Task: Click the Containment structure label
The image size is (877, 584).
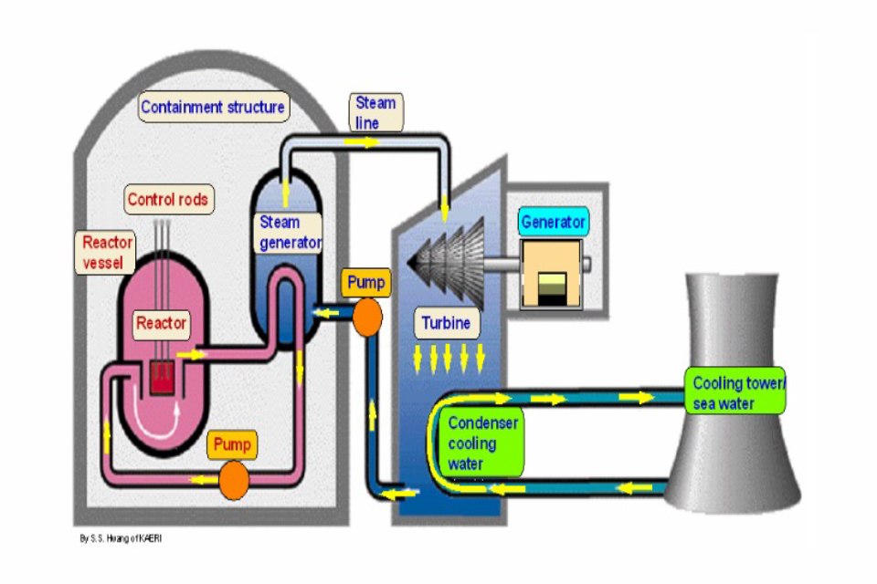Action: (213, 108)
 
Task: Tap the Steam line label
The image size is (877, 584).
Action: (375, 112)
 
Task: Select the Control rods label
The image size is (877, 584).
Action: (168, 199)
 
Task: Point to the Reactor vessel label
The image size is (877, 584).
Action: (107, 253)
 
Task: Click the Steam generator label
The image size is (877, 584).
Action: (291, 233)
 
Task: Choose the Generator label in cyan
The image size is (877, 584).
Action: (554, 222)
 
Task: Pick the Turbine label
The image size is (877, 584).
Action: (448, 323)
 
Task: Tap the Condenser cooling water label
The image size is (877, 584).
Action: (483, 443)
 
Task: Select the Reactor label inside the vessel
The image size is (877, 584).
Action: (162, 322)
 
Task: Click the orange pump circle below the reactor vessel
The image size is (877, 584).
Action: (233, 479)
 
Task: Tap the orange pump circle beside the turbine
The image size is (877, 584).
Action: (367, 316)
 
